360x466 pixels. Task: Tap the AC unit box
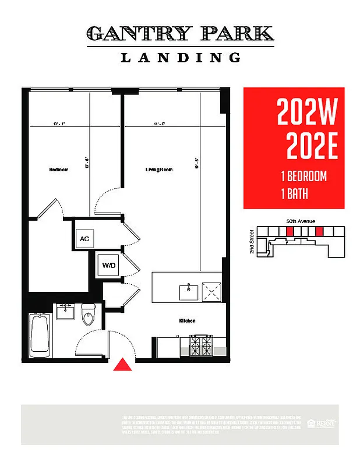click(84, 238)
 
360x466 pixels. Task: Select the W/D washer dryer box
click(109, 266)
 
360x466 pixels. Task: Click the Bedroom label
click(58, 170)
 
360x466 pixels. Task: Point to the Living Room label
click(159, 170)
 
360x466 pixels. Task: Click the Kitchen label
click(187, 321)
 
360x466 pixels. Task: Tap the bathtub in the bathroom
click(39, 335)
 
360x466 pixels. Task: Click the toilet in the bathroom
click(89, 315)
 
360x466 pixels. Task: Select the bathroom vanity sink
click(65, 310)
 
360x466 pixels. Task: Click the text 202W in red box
click(307, 112)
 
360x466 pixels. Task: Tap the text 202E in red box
click(312, 147)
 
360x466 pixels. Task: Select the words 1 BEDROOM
click(303, 176)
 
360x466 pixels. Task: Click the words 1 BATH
click(294, 194)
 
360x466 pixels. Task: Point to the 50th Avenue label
click(301, 221)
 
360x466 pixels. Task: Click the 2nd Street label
click(252, 241)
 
